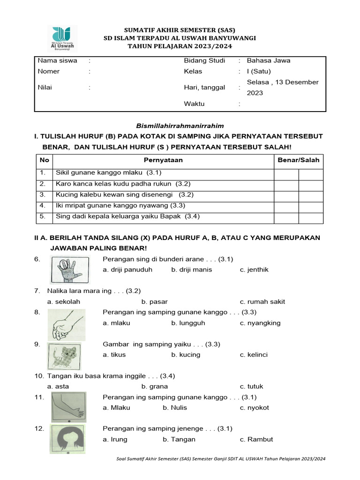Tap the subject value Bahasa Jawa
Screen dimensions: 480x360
(269, 60)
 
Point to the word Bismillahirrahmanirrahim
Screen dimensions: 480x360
(180, 126)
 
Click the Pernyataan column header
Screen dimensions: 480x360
(163, 160)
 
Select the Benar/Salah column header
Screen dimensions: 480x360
(299, 160)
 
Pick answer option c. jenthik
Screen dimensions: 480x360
(254, 270)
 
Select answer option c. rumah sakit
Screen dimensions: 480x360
(262, 301)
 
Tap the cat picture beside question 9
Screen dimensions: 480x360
(64, 356)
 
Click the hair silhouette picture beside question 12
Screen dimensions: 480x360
(67, 439)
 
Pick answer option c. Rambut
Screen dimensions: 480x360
(256, 439)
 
